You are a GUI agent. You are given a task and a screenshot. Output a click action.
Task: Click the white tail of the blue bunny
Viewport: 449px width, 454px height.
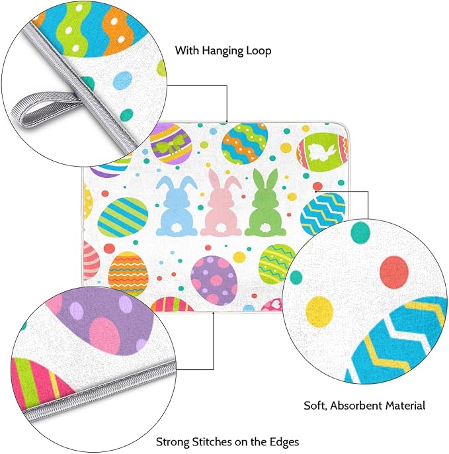177,229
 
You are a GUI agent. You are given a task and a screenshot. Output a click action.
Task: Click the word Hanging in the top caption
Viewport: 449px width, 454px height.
223,51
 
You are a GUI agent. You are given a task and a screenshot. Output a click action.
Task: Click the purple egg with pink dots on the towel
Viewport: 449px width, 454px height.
214,281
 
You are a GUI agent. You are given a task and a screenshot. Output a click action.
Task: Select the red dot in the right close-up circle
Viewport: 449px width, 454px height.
393,272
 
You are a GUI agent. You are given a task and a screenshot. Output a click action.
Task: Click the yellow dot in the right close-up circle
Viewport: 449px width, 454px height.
319,312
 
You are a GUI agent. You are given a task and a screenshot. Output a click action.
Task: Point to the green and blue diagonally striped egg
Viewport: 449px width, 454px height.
123,217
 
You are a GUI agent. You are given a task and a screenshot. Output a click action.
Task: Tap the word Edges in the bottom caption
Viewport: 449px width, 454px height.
284,442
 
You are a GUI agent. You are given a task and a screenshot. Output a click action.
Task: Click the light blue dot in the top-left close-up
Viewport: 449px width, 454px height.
122,81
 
